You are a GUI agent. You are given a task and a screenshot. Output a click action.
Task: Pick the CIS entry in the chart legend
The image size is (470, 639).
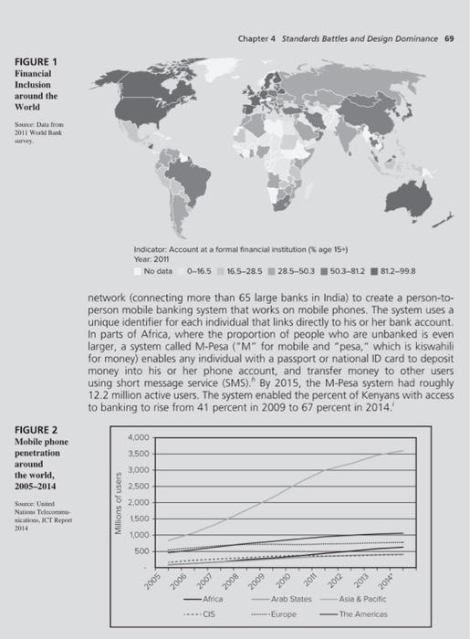pos(209,615)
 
